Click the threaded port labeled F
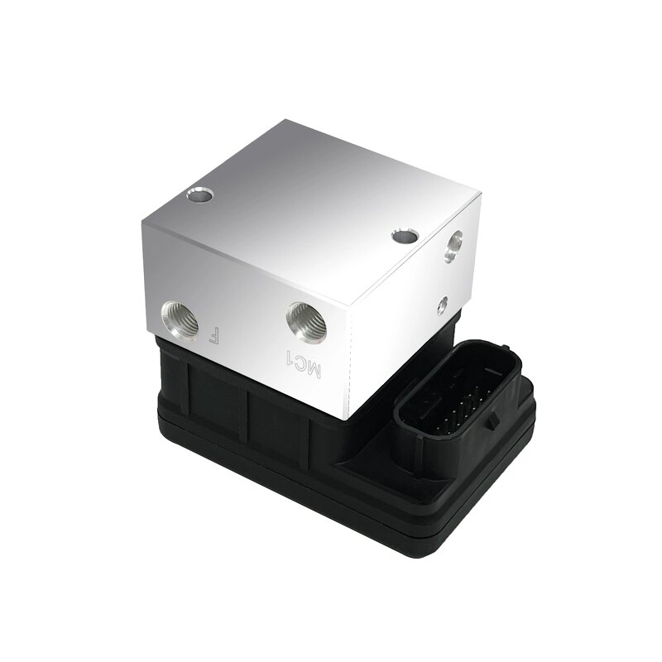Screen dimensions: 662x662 [x=180, y=319]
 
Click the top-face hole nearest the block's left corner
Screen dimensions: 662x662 [x=199, y=197]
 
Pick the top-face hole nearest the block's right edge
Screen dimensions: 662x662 [x=405, y=236]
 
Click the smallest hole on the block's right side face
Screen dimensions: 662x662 [x=444, y=304]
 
